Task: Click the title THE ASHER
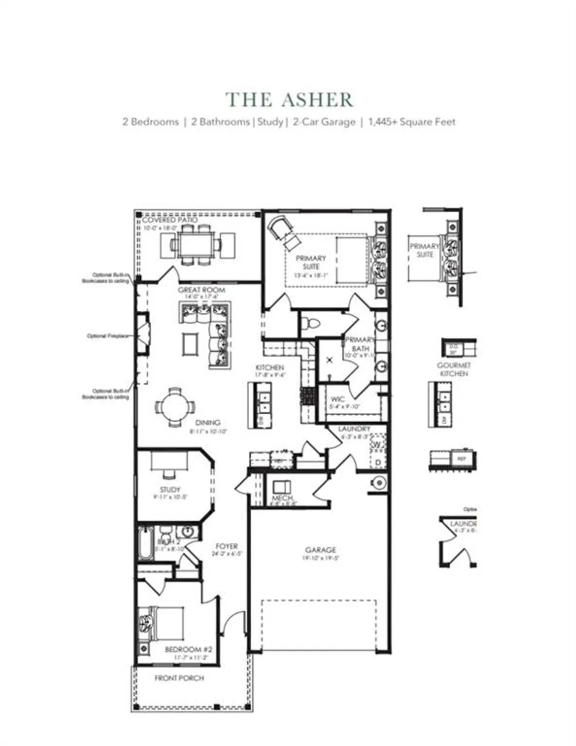click(289, 100)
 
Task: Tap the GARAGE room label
click(320, 550)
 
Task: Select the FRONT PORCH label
click(179, 678)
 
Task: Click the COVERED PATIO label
click(170, 220)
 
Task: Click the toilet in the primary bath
click(312, 324)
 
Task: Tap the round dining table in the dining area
click(174, 407)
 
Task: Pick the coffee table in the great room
click(190, 344)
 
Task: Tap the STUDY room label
click(170, 489)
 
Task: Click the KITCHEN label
click(270, 368)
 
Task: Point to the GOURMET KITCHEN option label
click(454, 369)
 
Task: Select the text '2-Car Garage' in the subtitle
click(324, 122)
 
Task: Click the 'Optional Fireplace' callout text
click(107, 336)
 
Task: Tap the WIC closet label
click(338, 399)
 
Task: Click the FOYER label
click(226, 546)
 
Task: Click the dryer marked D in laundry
click(378, 463)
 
